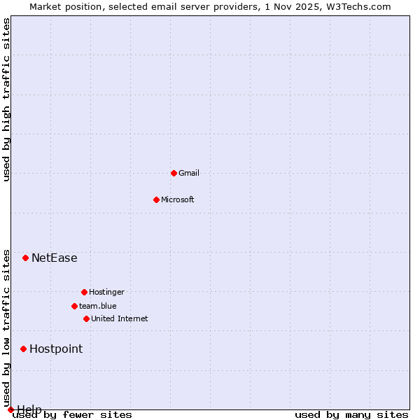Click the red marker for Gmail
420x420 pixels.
tap(174, 173)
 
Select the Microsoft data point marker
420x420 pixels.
tap(156, 199)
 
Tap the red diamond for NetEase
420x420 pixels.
tap(25, 258)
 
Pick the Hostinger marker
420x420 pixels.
tap(84, 292)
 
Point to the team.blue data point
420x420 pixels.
tap(74, 306)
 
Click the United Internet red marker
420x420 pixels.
tap(86, 318)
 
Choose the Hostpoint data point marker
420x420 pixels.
tap(23, 349)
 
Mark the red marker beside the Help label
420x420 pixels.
tap(10, 409)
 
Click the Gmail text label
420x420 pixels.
tap(189, 173)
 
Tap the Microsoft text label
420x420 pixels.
tap(178, 199)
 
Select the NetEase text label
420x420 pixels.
tap(55, 258)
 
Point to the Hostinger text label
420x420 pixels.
tap(106, 292)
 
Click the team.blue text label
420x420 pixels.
tap(98, 306)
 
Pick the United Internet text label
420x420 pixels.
tap(120, 318)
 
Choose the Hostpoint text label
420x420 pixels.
tap(56, 349)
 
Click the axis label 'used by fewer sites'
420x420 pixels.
tap(73, 415)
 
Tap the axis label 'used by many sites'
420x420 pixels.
tap(351, 415)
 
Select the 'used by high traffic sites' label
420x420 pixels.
tap(7, 99)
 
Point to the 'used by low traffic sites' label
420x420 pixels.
tap(7, 328)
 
